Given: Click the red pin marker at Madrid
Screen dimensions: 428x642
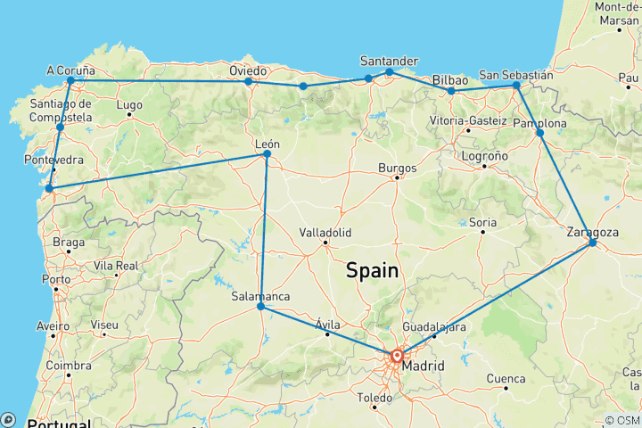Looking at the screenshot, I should coord(397,357).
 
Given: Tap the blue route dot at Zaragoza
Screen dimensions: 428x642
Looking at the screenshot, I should coord(593,243).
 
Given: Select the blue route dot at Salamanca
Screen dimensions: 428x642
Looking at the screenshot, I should coord(260,307).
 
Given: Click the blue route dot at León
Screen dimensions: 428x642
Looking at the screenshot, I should coord(267,154).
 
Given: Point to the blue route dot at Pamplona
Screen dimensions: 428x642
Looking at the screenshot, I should coord(539,133).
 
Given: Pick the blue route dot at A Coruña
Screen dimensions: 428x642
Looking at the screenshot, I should coord(70,80).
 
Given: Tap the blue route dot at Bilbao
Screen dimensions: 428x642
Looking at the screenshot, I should coord(451,91).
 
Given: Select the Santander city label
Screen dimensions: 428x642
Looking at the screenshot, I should coord(388,61).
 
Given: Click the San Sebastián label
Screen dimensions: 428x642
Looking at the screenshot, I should coord(516,75).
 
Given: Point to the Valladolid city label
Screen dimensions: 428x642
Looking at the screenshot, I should coord(325,232).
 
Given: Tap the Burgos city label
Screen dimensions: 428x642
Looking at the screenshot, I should coord(398,167).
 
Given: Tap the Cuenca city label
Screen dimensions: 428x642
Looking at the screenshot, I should coord(506,379).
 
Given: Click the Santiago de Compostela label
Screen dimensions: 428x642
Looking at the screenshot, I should coord(61,111).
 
